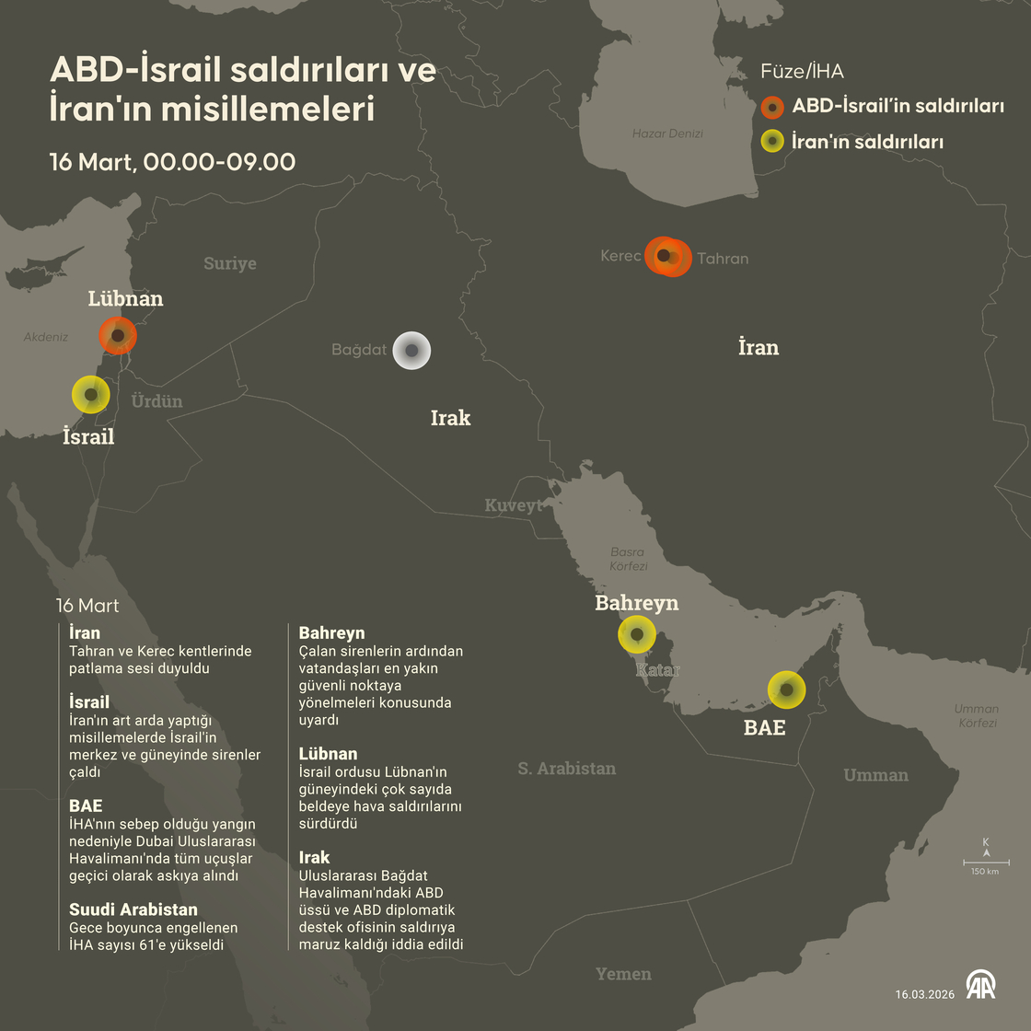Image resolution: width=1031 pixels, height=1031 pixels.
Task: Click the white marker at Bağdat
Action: pyautogui.click(x=411, y=351)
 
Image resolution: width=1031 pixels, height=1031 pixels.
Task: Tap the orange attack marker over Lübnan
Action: pyautogui.click(x=117, y=335)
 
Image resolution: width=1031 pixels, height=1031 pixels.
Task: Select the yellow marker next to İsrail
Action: pyautogui.click(x=91, y=395)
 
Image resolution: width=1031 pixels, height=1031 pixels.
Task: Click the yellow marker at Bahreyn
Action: pyautogui.click(x=636, y=634)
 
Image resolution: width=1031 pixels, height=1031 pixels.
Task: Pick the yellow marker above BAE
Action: pyautogui.click(x=786, y=689)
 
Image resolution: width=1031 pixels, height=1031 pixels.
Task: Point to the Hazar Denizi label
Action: pyautogui.click(x=667, y=133)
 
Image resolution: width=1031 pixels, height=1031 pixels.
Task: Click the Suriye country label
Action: pyautogui.click(x=230, y=264)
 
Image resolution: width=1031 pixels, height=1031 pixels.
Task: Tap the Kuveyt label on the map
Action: pyautogui.click(x=514, y=505)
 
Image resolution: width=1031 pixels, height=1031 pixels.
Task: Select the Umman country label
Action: pyautogui.click(x=875, y=775)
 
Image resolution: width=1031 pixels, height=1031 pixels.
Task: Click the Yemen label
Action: pyautogui.click(x=623, y=974)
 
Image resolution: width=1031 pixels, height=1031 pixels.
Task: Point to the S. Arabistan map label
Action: pyautogui.click(x=566, y=769)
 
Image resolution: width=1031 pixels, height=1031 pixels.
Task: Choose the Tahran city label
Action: pyautogui.click(x=723, y=259)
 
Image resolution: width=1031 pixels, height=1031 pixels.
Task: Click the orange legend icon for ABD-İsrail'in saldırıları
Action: pyautogui.click(x=772, y=107)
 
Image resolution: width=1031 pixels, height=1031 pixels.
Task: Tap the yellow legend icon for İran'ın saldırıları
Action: pyautogui.click(x=772, y=142)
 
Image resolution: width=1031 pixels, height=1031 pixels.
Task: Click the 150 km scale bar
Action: pyautogui.click(x=986, y=863)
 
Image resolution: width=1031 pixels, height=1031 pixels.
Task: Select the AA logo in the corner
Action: pyautogui.click(x=980, y=984)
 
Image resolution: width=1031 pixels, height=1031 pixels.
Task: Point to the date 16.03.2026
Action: pyautogui.click(x=925, y=994)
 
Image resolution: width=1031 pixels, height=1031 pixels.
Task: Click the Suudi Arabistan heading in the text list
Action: pyautogui.click(x=133, y=909)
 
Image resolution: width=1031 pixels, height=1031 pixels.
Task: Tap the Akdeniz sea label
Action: pyautogui.click(x=46, y=337)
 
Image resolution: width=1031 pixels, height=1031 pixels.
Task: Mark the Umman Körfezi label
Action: pyautogui.click(x=977, y=715)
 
